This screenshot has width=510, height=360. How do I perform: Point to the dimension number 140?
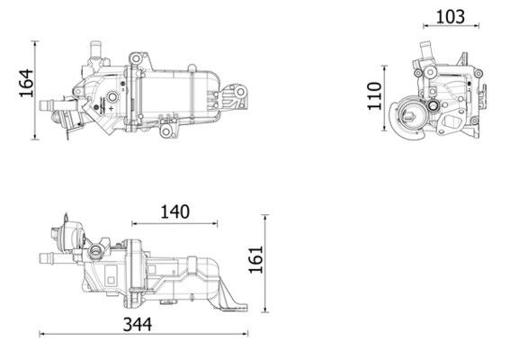coord(174,212)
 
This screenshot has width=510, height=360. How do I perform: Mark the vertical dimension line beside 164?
coord(37,89)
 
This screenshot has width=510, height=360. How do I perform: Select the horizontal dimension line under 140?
coord(174,224)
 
